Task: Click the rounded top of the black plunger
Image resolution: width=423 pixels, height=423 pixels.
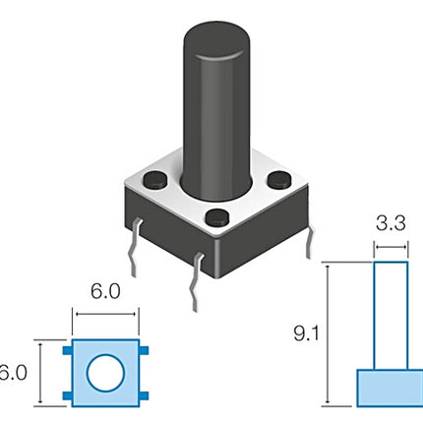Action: click(x=216, y=41)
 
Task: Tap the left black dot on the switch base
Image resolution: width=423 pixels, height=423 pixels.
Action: click(x=155, y=180)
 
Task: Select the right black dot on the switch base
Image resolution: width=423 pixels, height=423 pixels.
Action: click(x=279, y=179)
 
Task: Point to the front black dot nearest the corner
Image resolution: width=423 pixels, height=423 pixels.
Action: click(x=217, y=217)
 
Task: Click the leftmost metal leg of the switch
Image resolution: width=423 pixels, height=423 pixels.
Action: click(x=135, y=248)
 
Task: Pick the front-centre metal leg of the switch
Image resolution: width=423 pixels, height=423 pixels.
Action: click(x=196, y=282)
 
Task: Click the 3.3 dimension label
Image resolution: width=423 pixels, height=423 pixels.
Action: click(x=391, y=223)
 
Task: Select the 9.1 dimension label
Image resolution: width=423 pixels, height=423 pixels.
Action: click(x=306, y=333)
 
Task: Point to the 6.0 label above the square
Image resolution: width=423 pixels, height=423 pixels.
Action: click(x=105, y=291)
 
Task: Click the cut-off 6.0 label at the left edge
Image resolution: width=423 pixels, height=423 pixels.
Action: click(x=13, y=373)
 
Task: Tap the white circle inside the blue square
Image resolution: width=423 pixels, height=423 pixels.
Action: click(x=105, y=373)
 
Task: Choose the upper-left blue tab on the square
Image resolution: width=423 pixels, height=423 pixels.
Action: click(x=67, y=350)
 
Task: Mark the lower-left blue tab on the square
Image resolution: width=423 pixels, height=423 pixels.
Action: click(x=67, y=395)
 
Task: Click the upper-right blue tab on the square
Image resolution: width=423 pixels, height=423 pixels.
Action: click(x=144, y=350)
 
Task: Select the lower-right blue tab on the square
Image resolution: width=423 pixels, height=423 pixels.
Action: click(x=144, y=395)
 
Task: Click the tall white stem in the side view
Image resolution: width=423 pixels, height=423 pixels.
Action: click(x=391, y=316)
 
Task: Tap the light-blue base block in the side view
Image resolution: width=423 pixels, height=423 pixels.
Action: click(x=390, y=389)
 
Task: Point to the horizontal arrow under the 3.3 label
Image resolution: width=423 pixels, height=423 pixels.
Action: click(x=391, y=247)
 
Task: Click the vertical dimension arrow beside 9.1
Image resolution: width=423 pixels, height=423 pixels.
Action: click(x=328, y=334)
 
